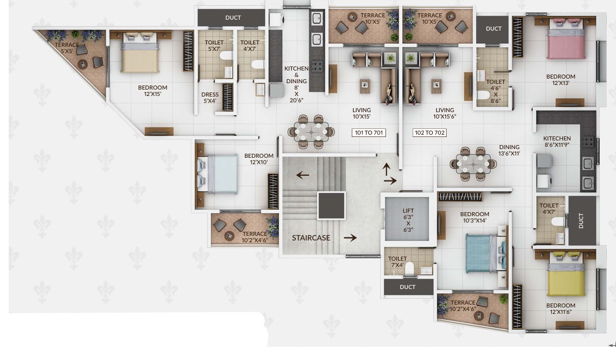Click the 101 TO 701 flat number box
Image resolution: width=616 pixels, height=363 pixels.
369,133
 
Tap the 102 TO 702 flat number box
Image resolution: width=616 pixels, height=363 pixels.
429,133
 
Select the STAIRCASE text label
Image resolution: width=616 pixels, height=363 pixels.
311,238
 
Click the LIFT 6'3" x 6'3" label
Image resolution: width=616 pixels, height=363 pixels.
408,220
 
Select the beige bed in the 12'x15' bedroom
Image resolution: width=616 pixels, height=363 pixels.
140,54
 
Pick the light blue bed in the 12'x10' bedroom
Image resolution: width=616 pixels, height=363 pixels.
218,174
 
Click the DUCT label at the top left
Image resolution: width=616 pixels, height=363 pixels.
233,18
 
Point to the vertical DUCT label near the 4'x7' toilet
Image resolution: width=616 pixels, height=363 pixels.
581,221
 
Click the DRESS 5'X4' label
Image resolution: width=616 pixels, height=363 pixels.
210,98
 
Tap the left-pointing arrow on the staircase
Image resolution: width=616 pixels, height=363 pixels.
302,175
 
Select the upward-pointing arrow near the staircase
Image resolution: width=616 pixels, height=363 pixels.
387,169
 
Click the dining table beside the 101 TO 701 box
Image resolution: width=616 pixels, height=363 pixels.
311,132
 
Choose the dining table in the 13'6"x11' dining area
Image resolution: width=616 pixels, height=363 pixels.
473,164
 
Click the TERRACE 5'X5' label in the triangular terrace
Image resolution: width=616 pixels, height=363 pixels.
67,48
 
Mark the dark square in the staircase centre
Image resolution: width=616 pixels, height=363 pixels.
332,205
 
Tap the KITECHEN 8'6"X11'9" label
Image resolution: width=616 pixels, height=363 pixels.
557,142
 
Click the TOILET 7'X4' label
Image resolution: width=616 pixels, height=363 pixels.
397,262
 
